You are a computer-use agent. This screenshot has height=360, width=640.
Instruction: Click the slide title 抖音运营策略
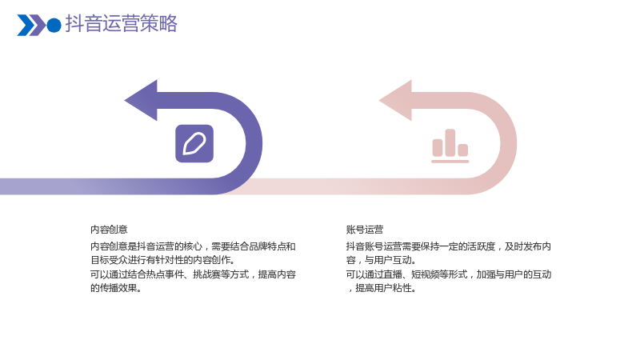[122, 23]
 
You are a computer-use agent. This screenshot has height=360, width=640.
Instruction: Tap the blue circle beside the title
[54, 25]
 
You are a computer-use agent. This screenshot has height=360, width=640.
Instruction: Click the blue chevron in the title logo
[26, 25]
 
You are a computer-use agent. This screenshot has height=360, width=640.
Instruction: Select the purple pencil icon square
[194, 143]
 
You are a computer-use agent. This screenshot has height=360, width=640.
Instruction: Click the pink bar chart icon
[450, 146]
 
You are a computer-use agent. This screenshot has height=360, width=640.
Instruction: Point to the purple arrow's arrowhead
[141, 101]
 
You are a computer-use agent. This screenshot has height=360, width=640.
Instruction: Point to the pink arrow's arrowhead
[395, 101]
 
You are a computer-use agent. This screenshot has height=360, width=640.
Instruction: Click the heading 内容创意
[109, 230]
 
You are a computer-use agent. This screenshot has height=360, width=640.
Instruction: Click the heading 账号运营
[365, 230]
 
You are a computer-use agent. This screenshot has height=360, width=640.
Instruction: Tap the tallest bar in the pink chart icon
[450, 142]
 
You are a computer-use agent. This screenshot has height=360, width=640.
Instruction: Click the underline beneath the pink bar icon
[450, 162]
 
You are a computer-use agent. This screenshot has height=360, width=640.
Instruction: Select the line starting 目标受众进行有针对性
[163, 260]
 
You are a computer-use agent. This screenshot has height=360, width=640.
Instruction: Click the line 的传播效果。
[116, 288]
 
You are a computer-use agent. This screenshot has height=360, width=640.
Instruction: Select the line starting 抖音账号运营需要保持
[449, 246]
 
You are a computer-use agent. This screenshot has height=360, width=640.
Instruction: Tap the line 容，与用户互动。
[382, 260]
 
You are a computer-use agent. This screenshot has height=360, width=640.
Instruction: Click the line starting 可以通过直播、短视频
[449, 274]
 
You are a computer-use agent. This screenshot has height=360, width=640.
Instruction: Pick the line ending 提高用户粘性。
[382, 288]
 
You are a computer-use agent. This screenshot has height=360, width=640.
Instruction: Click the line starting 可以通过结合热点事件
[193, 274]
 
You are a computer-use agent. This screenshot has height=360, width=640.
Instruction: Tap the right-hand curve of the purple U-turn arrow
[254, 143]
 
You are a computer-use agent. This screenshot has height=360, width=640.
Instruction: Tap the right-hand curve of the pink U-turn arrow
[509, 143]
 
